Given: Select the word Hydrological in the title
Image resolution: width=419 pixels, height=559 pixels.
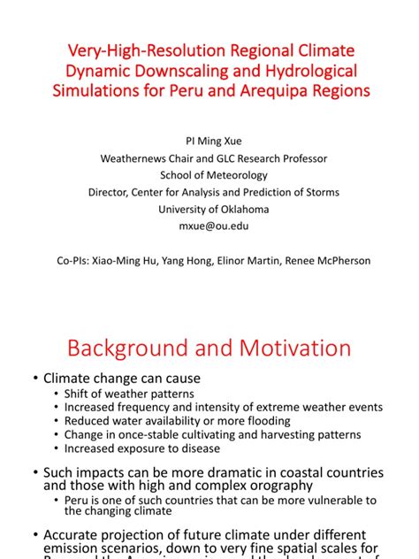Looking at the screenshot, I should (x=308, y=69).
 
